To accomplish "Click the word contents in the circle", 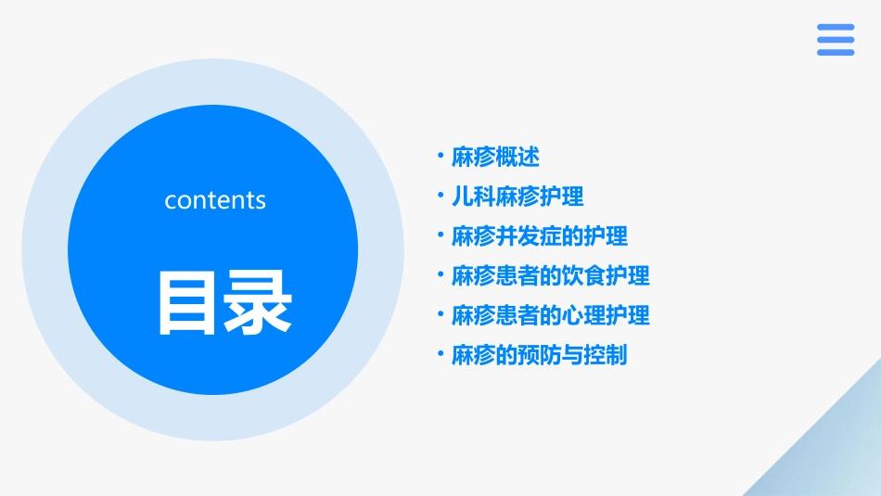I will click(215, 200).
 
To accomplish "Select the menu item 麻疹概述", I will click(495, 157).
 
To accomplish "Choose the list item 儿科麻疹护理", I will click(517, 197).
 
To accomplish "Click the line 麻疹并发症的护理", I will click(540, 236).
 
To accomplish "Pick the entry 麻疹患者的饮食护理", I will click(551, 275).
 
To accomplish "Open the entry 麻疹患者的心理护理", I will click(551, 315).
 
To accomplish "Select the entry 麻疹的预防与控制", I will click(540, 355).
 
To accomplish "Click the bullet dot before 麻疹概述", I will click(440, 156).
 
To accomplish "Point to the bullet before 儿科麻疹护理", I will click(440, 196).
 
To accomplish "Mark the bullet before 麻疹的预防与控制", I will click(440, 354).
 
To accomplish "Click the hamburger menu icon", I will click(836, 40).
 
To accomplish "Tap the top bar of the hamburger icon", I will click(836, 28).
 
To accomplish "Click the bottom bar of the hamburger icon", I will click(836, 52).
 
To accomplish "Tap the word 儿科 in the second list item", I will click(473, 197).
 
